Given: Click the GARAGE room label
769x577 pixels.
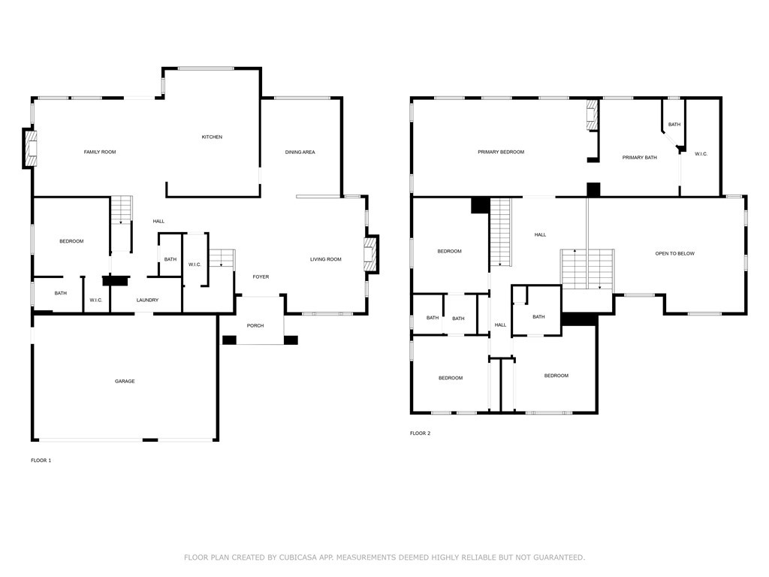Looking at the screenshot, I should (125, 382).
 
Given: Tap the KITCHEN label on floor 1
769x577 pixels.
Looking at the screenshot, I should (212, 137).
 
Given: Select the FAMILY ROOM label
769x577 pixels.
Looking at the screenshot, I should (100, 153).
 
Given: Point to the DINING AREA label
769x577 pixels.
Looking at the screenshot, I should (300, 153).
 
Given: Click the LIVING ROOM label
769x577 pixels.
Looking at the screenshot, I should (326, 259).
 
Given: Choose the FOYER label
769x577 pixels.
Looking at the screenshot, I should (261, 277).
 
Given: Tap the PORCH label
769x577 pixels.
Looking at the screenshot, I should (255, 325).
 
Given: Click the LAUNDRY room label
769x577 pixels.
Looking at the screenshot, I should (147, 301).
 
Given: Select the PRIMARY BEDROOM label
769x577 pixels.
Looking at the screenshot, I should (501, 153).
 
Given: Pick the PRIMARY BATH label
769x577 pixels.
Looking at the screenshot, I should (640, 158).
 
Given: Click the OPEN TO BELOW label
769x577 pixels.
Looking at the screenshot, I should (674, 254).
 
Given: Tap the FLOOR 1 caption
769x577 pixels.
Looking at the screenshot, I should (41, 460).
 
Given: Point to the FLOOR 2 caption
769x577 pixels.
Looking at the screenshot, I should (420, 434).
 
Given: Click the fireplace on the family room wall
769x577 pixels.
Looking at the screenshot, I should (31, 149).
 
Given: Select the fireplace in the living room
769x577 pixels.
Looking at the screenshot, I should (370, 254).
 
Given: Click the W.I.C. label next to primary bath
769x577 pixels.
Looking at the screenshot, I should (701, 154).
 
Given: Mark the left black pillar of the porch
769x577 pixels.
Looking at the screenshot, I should (230, 340).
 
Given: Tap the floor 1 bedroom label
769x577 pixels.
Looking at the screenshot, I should (71, 241).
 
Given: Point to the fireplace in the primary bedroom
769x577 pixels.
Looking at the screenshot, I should (592, 116).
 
